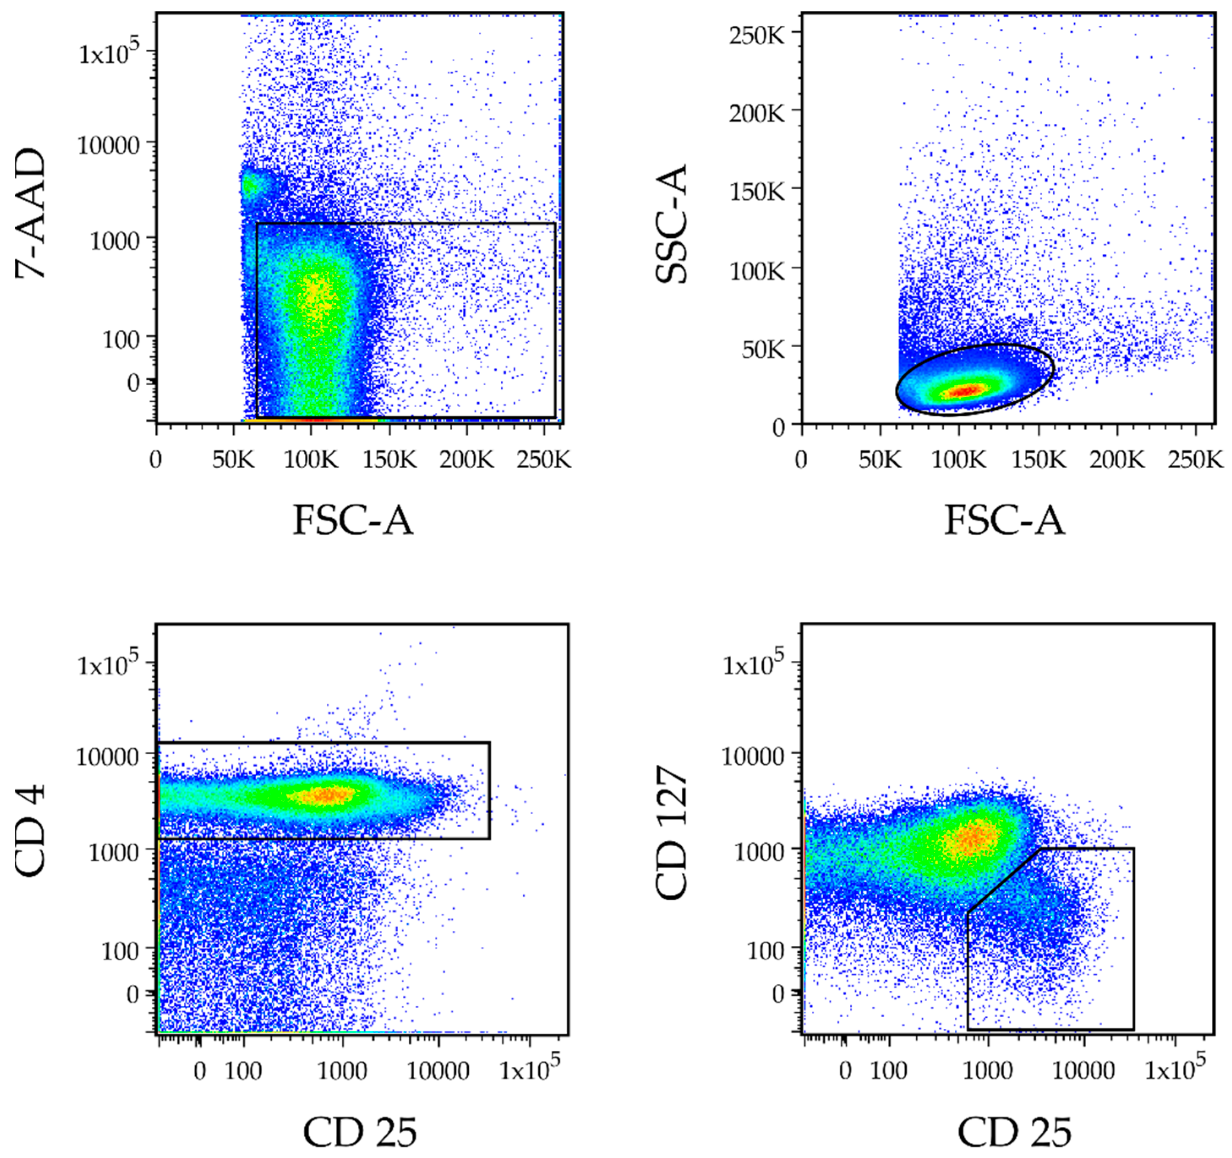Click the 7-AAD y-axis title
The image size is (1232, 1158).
31,214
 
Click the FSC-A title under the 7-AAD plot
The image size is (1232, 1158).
352,520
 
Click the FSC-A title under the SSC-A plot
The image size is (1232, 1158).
1004,520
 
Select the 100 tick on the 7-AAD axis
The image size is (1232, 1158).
121,340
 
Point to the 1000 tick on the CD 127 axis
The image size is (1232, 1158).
759,853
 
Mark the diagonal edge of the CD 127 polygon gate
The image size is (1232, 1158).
1004,880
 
